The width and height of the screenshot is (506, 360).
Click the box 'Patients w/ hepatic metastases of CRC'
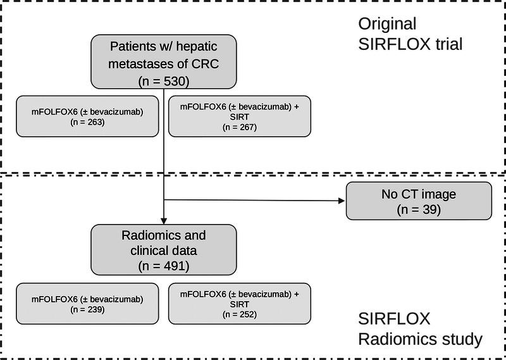(x=164, y=61)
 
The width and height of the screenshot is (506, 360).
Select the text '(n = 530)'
(x=164, y=81)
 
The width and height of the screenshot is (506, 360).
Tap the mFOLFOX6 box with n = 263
(x=87, y=115)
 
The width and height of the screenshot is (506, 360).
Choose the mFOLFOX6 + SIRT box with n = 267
(x=240, y=115)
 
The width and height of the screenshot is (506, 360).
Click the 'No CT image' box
(x=419, y=201)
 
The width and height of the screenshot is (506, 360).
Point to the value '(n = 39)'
(x=419, y=208)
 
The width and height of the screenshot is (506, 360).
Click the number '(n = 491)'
(x=164, y=266)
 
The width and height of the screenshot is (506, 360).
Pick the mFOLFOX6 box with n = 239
(x=87, y=304)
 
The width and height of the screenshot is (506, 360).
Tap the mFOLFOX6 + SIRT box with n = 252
(x=240, y=304)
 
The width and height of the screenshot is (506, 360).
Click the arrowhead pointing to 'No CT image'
(x=341, y=202)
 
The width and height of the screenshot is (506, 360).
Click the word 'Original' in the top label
(x=387, y=25)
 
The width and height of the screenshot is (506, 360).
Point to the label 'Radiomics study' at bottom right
(x=420, y=339)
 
